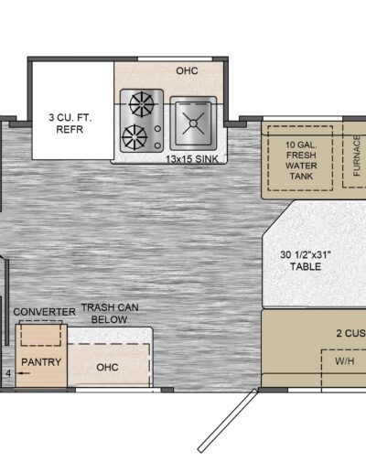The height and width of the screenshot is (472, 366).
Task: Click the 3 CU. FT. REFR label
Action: [x=70, y=123]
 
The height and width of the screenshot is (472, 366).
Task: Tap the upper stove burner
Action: [x=141, y=104]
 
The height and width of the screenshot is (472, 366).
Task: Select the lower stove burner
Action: [x=135, y=137]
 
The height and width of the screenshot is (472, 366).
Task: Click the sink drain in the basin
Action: [x=193, y=123]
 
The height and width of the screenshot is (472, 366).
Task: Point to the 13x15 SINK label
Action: [x=192, y=159]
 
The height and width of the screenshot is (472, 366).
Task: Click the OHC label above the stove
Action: [x=187, y=70]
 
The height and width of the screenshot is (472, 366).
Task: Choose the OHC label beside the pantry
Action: [x=107, y=367]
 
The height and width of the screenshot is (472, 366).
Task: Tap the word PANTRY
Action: [x=41, y=362]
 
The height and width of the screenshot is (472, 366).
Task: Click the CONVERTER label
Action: [x=45, y=312]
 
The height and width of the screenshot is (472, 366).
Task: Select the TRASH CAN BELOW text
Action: [x=110, y=313]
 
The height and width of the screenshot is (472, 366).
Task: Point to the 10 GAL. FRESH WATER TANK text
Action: [x=301, y=160]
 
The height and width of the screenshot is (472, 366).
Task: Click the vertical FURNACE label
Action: [x=357, y=156]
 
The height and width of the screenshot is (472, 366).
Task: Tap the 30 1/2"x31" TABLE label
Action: [x=306, y=261]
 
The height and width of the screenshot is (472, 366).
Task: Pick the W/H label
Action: [x=345, y=361]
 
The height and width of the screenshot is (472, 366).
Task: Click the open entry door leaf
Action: [x=228, y=421]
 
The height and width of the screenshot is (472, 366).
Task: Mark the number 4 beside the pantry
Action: [x=8, y=373]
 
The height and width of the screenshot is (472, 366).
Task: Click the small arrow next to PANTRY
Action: [x=24, y=373]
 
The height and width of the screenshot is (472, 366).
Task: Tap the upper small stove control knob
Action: [x=157, y=129]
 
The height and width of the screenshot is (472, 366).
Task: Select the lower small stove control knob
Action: [x=157, y=145]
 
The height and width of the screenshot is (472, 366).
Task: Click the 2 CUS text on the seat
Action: [x=351, y=333]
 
